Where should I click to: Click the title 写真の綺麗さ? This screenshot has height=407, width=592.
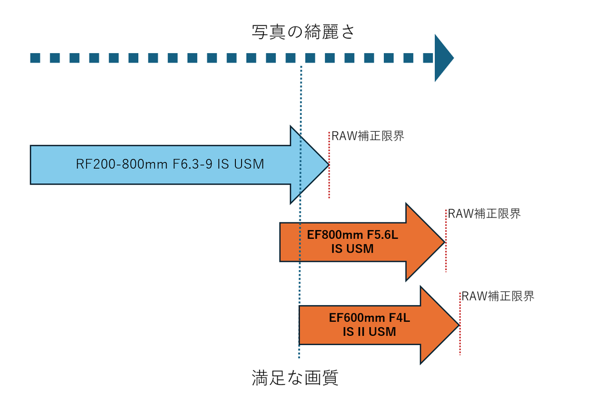(x=303, y=32)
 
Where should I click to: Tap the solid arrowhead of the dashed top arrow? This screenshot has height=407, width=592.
(x=443, y=58)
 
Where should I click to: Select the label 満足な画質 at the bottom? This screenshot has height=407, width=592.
(x=295, y=378)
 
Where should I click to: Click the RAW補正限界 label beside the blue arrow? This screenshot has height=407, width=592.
(x=367, y=136)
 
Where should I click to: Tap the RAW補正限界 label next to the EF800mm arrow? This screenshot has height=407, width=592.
(x=484, y=213)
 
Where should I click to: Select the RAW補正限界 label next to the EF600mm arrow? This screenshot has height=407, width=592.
(x=498, y=297)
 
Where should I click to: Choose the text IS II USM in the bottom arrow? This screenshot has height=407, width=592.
(x=369, y=332)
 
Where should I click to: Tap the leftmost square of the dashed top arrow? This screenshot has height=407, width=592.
(x=35, y=58)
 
